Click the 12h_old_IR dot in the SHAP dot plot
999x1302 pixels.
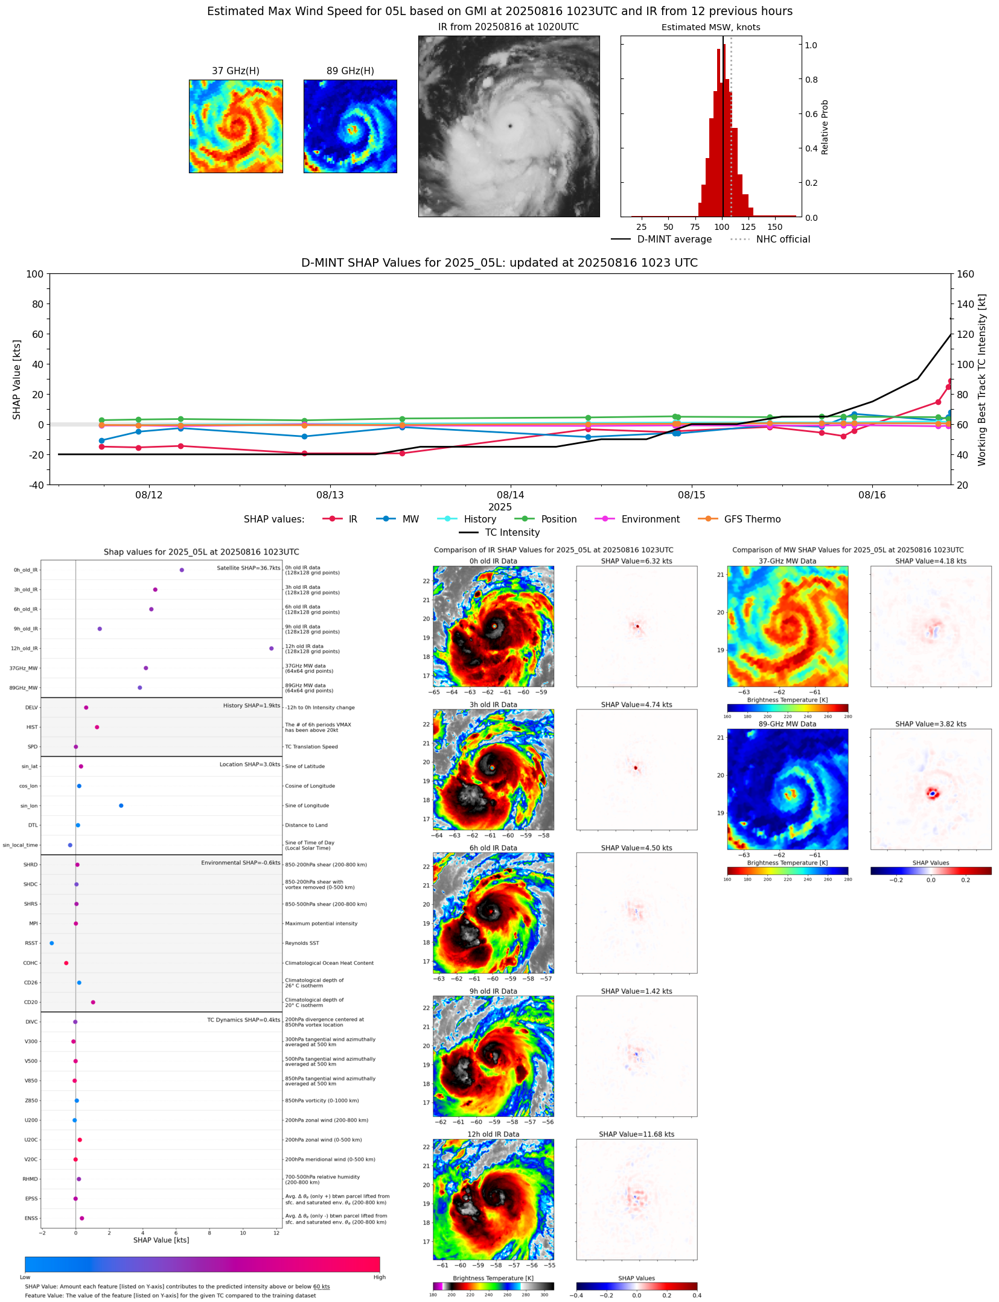271,648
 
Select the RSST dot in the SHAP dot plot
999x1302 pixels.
51,942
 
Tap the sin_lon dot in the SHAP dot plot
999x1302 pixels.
121,805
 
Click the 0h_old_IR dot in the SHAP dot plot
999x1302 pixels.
182,570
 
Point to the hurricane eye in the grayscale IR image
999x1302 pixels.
510,126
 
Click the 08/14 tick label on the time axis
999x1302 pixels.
510,495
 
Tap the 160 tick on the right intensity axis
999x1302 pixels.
965,274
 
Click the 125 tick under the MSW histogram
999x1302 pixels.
748,227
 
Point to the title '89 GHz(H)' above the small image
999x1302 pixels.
350,71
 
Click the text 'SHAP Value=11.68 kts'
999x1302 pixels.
636,1134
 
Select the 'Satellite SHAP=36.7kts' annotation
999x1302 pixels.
248,568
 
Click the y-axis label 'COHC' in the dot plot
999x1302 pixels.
30,962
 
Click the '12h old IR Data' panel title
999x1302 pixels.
493,1134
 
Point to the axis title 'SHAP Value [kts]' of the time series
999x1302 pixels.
17,379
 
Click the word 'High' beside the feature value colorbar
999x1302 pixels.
379,1277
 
